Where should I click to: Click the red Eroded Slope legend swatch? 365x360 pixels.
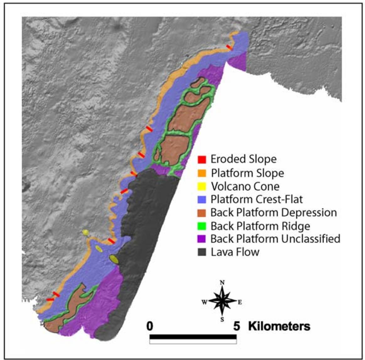click(x=202, y=159)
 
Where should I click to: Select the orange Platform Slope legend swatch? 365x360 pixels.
click(x=202, y=173)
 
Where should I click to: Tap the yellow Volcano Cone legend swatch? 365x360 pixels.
click(x=202, y=186)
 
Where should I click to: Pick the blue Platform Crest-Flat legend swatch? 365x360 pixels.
click(x=202, y=199)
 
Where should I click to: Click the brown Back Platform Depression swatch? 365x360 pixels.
click(x=202, y=212)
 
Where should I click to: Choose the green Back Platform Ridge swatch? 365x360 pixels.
click(x=202, y=226)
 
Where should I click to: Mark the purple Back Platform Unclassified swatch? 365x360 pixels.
click(x=202, y=239)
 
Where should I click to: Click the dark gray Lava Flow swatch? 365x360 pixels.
click(x=202, y=252)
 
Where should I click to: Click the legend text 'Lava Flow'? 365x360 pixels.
click(x=235, y=252)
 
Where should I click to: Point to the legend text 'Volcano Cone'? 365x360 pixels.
click(x=245, y=186)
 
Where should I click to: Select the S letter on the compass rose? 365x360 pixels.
click(x=222, y=320)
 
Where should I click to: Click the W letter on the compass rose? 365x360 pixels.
click(x=204, y=302)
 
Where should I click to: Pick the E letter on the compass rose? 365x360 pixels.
click(x=240, y=303)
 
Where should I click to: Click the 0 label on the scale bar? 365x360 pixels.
click(x=150, y=326)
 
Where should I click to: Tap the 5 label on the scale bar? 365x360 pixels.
click(x=236, y=326)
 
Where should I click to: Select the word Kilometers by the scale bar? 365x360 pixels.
click(x=279, y=326)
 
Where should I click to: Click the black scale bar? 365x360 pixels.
click(x=193, y=337)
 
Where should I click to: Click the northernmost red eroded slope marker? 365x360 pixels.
click(x=230, y=47)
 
